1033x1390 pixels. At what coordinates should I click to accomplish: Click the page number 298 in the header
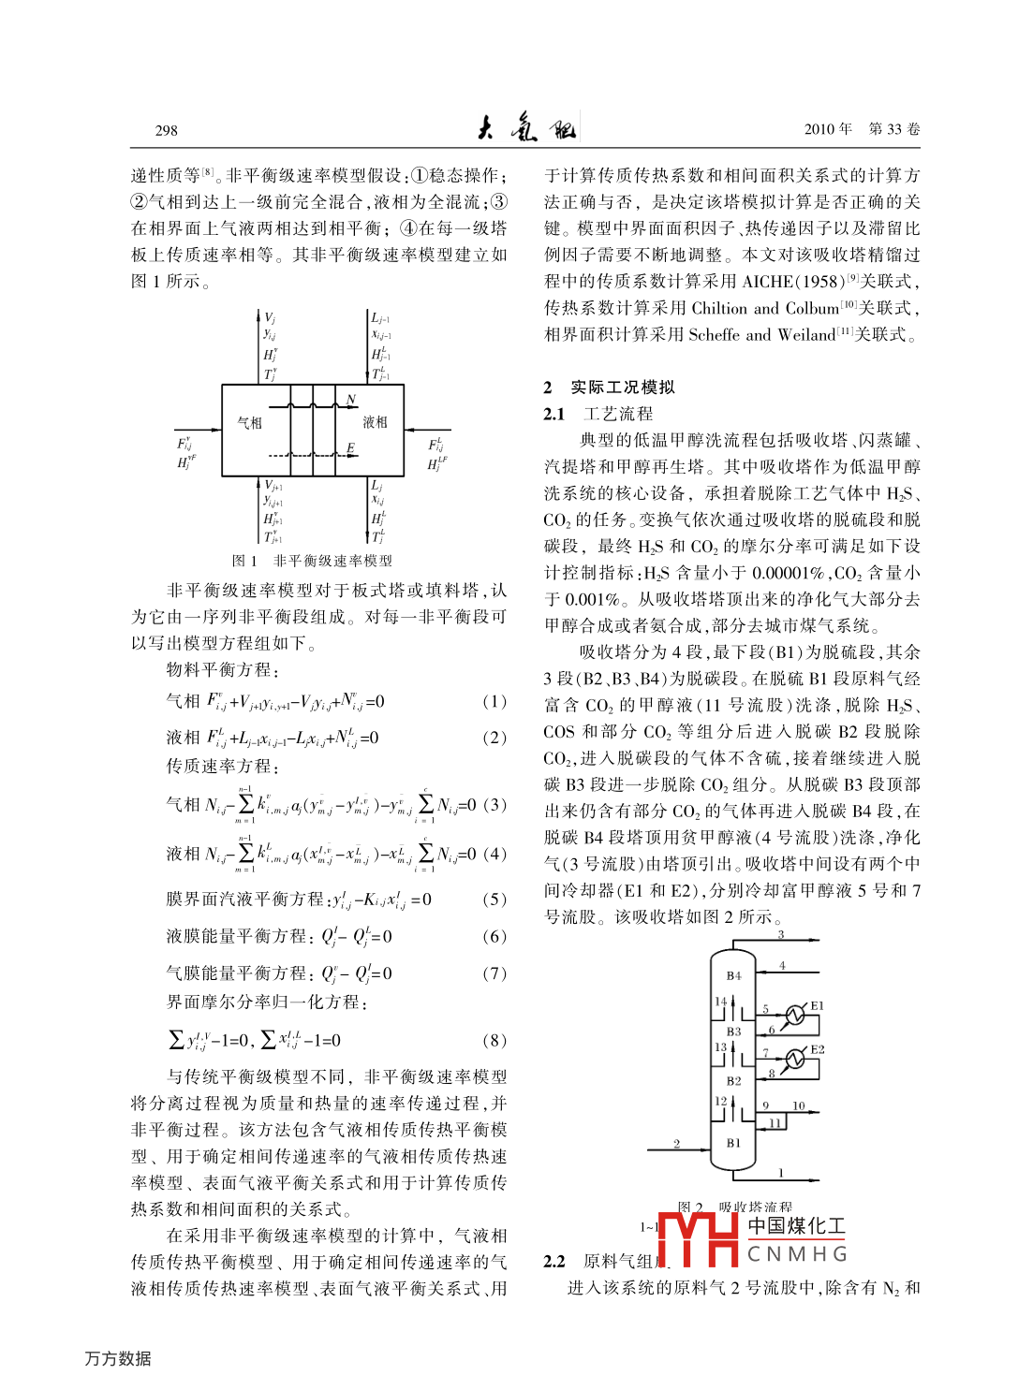pyautogui.click(x=167, y=130)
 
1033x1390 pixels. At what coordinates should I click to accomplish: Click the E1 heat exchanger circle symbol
pyautogui.click(x=794, y=1015)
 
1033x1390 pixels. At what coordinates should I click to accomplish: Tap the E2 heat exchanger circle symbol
pyautogui.click(x=794, y=1059)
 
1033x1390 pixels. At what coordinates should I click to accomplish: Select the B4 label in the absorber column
pyautogui.click(x=733, y=975)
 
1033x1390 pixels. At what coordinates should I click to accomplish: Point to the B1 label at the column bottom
pyautogui.click(x=733, y=1143)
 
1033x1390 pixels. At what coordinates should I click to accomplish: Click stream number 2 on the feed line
pyautogui.click(x=677, y=1144)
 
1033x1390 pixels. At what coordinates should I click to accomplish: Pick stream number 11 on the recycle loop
pyautogui.click(x=775, y=1123)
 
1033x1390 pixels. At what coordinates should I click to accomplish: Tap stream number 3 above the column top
pyautogui.click(x=780, y=935)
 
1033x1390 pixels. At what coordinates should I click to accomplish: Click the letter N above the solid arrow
pyautogui.click(x=351, y=400)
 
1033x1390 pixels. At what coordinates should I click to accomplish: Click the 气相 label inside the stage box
pyautogui.click(x=250, y=423)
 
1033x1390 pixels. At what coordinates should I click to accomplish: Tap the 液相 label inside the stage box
pyautogui.click(x=376, y=423)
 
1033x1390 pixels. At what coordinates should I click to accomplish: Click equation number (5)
pyautogui.click(x=494, y=900)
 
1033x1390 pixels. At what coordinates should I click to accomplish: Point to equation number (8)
pyautogui.click(x=494, y=1040)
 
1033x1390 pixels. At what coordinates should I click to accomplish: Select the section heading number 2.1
pyautogui.click(x=554, y=414)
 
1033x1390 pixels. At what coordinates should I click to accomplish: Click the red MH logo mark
pyautogui.click(x=699, y=1239)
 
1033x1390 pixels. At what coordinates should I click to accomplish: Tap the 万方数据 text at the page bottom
pyautogui.click(x=118, y=1358)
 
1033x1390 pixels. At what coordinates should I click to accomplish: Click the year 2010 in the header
pyautogui.click(x=820, y=129)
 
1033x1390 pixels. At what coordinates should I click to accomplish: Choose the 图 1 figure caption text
pyautogui.click(x=312, y=561)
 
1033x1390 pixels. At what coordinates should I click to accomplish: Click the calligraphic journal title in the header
pyautogui.click(x=526, y=128)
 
